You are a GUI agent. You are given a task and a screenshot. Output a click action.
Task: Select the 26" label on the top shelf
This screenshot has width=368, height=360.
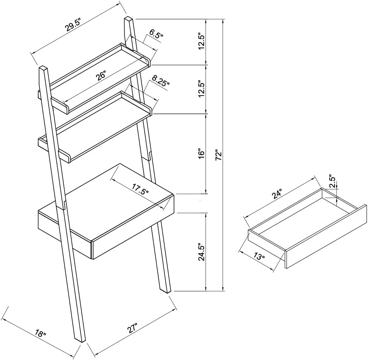101,76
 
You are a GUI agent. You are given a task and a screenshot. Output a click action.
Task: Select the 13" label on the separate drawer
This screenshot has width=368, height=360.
258,257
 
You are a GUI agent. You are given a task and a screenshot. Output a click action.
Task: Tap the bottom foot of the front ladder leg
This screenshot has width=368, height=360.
80,338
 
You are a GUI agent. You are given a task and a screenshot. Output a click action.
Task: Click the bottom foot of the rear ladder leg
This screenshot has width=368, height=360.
167,291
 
